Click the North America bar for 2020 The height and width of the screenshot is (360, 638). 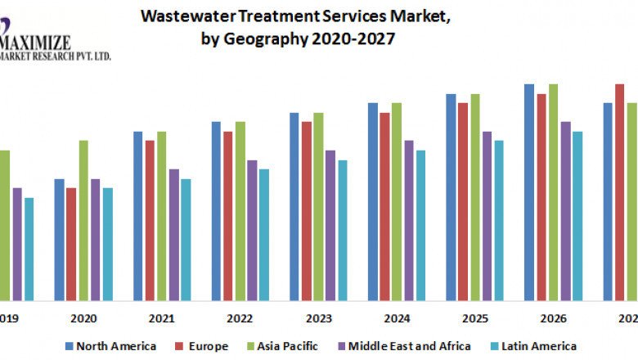[60, 239]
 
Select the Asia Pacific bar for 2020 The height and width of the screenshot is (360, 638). [83, 220]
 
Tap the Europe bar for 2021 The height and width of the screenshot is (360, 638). [150, 220]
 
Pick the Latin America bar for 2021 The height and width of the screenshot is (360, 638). [186, 239]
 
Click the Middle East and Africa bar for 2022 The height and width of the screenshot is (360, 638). [252, 230]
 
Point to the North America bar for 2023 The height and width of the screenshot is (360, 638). [294, 206]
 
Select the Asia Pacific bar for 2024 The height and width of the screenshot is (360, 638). [397, 201]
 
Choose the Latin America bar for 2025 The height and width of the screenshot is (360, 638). [499, 220]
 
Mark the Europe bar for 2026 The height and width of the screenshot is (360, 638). [541, 197]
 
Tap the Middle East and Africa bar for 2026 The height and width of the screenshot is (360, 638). [565, 210]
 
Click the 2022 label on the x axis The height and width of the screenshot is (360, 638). [240, 317]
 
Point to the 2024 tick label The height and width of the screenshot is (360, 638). [397, 317]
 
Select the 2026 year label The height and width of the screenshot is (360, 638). [553, 317]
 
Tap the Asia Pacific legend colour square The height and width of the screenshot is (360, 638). [249, 346]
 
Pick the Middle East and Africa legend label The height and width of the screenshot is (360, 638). [410, 346]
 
